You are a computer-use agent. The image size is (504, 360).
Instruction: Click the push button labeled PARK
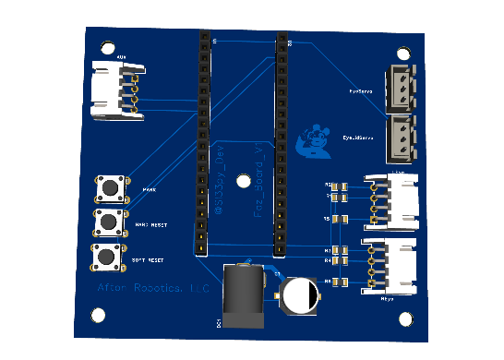(111, 189)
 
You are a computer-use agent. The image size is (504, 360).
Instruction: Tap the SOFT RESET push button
(108, 257)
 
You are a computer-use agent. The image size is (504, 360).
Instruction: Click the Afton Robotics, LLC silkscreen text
(154, 289)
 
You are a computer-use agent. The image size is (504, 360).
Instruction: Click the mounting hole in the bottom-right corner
(405, 318)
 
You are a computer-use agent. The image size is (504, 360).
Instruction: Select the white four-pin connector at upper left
(118, 90)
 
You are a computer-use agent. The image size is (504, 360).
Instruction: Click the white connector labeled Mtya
(392, 266)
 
